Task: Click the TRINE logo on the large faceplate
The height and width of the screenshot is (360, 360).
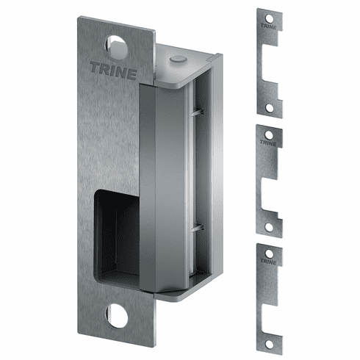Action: point(113,71)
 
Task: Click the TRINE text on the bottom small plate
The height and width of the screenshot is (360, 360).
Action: point(268,261)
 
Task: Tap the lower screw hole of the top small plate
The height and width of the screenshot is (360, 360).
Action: point(270,107)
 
